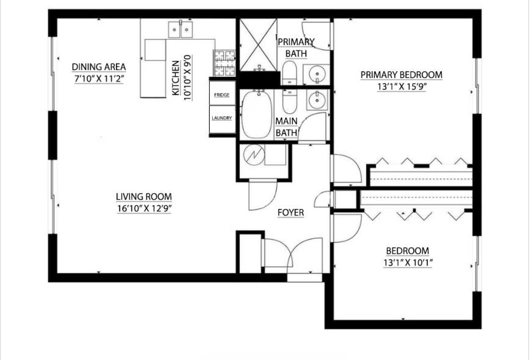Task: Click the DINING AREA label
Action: [x=98, y=67]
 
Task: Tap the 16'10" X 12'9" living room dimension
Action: [x=144, y=209]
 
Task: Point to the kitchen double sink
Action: [x=180, y=29]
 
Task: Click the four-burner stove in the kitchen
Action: [x=224, y=63]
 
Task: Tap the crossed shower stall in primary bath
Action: [x=258, y=45]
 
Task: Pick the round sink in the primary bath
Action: [x=317, y=74]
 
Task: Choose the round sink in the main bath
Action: [x=317, y=101]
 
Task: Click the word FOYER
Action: [x=291, y=212]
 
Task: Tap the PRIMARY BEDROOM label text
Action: [x=401, y=75]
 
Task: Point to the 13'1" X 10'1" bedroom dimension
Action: [x=408, y=263]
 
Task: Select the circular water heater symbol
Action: [x=254, y=155]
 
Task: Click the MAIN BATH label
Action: [x=286, y=127]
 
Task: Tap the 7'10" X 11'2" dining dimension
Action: [x=99, y=78]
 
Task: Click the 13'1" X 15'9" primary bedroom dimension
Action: [x=402, y=87]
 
